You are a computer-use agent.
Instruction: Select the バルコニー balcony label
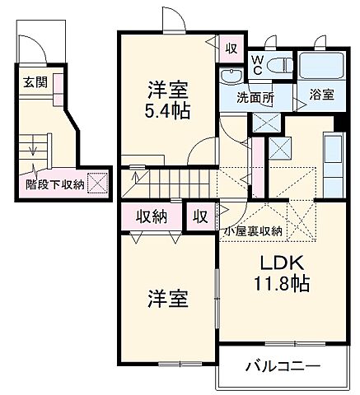pyautogui.click(x=282, y=366)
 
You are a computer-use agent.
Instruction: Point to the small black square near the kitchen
pyautogui.click(x=337, y=124)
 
